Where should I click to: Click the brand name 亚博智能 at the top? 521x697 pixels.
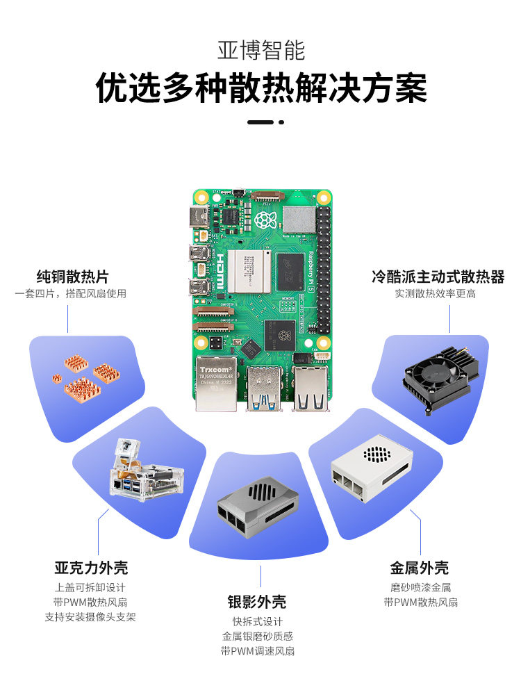tap(260, 51)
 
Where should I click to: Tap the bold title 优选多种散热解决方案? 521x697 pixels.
tap(260, 89)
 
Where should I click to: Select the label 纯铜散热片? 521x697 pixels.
tap(72, 277)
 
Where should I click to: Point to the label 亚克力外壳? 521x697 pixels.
tap(90, 568)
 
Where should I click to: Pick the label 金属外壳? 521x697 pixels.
tap(420, 568)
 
